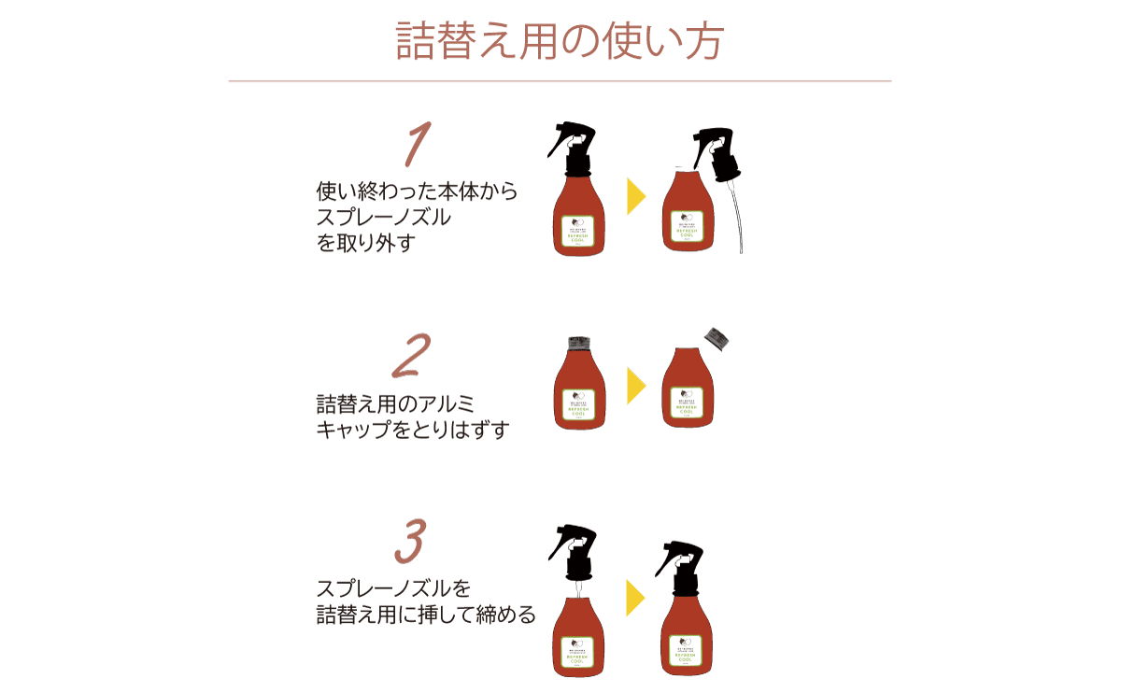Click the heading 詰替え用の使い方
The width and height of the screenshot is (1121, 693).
560,41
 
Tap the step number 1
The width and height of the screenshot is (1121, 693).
417,146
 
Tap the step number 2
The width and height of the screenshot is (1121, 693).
411,356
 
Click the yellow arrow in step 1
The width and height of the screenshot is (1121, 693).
636,196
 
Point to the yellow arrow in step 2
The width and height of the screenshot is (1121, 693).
636,385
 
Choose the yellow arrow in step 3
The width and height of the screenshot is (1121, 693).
636,598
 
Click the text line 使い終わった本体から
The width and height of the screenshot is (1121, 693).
417,192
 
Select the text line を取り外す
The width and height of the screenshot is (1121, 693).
365,244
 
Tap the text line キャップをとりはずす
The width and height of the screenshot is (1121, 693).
412,431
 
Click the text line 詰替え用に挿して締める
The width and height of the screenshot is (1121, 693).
426,615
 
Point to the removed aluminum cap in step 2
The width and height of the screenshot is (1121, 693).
717,338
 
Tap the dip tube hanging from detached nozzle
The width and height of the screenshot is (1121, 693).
736,219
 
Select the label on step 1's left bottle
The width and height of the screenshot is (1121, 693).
579,230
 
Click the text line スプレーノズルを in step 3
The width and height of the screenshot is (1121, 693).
393,589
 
